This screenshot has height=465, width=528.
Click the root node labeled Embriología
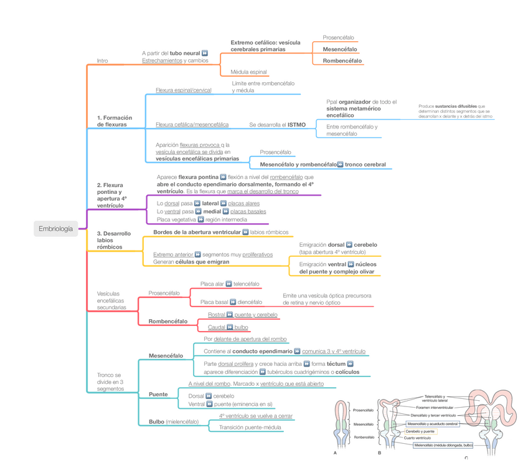[x=55, y=229]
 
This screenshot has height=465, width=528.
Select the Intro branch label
[x=102, y=60]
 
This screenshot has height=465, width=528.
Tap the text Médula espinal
[x=248, y=72]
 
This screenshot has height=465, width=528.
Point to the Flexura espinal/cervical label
[x=184, y=90]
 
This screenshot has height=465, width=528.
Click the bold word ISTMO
[x=296, y=125]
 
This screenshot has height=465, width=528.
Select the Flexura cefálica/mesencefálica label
[x=192, y=125]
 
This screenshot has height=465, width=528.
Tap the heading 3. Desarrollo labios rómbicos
[x=114, y=240]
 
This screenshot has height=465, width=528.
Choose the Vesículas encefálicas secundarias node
[x=111, y=300]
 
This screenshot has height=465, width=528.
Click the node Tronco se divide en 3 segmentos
[x=110, y=381]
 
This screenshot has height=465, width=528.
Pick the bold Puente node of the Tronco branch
[x=158, y=394]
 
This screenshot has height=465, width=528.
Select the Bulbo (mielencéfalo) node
[x=174, y=421]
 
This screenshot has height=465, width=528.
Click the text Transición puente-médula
[x=250, y=427]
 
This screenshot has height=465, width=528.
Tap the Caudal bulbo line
[x=227, y=327]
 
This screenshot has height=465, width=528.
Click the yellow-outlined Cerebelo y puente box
[x=420, y=431]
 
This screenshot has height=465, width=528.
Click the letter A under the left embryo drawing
[x=335, y=453]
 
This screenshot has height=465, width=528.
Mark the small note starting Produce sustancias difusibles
[x=456, y=111]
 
